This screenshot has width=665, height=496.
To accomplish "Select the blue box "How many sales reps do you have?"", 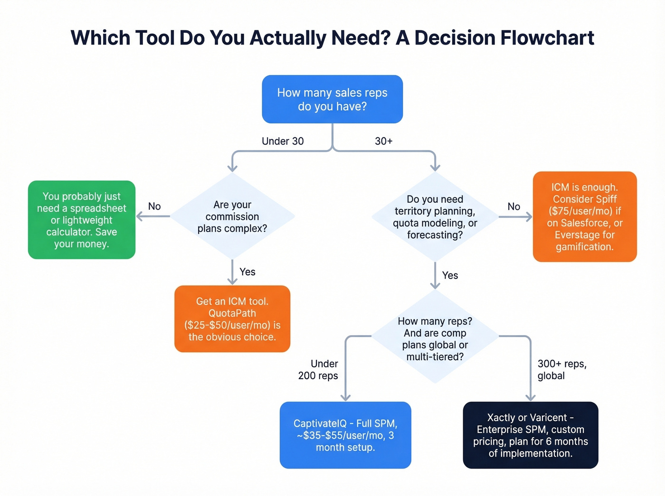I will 332,99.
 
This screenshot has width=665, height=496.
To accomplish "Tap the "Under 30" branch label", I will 283,141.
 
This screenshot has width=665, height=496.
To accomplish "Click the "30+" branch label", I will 383,141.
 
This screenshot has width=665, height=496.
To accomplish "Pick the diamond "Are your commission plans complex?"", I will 232,216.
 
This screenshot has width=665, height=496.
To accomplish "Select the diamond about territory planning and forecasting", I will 435,216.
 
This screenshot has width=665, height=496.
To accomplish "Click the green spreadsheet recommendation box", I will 82,220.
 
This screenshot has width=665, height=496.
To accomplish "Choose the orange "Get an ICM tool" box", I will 232,318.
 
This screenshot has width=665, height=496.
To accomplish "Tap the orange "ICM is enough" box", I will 584,216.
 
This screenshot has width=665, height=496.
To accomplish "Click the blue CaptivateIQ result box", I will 345,435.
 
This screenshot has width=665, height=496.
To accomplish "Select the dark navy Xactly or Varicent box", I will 530,435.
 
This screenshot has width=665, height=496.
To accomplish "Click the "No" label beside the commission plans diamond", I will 154,206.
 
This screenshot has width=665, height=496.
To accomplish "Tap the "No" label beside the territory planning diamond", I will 513,206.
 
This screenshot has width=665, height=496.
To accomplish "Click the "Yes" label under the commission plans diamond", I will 247,272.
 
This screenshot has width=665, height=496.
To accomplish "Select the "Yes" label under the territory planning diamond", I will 450,275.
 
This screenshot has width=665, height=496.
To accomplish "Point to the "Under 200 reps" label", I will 318,370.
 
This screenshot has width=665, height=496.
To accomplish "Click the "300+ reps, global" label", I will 561,370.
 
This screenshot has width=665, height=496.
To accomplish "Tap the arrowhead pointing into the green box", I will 140,216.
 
